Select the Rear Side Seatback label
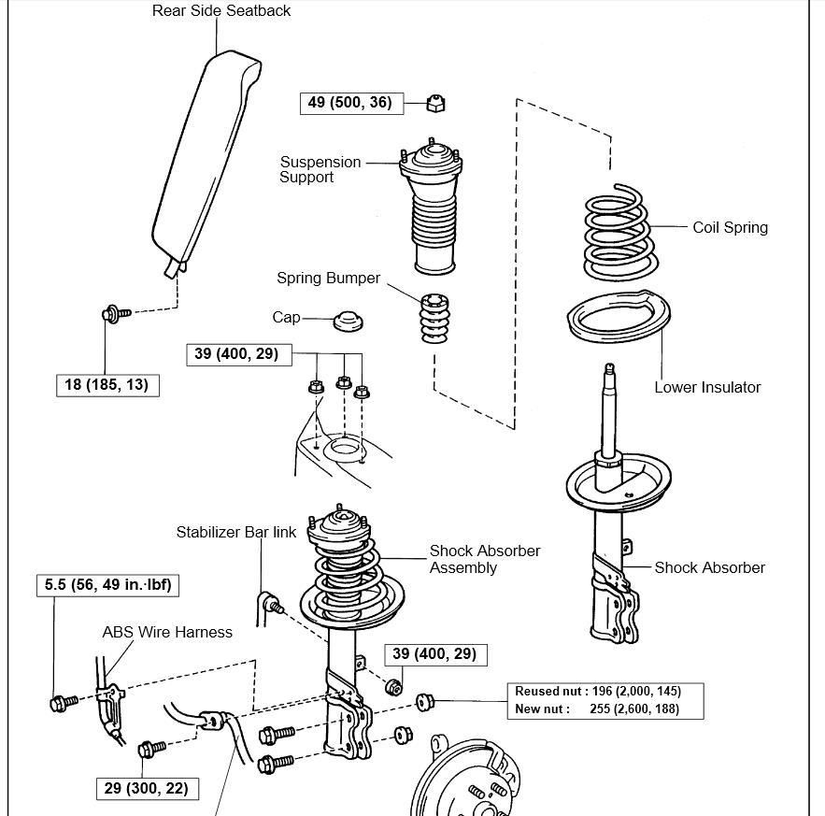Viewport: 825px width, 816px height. pyautogui.click(x=220, y=11)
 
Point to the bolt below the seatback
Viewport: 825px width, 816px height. pyautogui.click(x=113, y=314)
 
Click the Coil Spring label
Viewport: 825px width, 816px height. pyautogui.click(x=730, y=227)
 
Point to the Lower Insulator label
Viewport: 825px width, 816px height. pyautogui.click(x=707, y=387)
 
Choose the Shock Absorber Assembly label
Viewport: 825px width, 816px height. pyautogui.click(x=484, y=559)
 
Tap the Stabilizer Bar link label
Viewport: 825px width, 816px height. pyautogui.click(x=236, y=532)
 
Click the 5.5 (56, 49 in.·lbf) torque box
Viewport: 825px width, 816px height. pyautogui.click(x=107, y=585)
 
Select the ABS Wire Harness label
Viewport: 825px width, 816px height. pyautogui.click(x=167, y=632)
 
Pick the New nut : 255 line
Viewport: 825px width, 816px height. pyautogui.click(x=598, y=709)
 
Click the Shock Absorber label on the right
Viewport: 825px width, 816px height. pyautogui.click(x=709, y=567)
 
